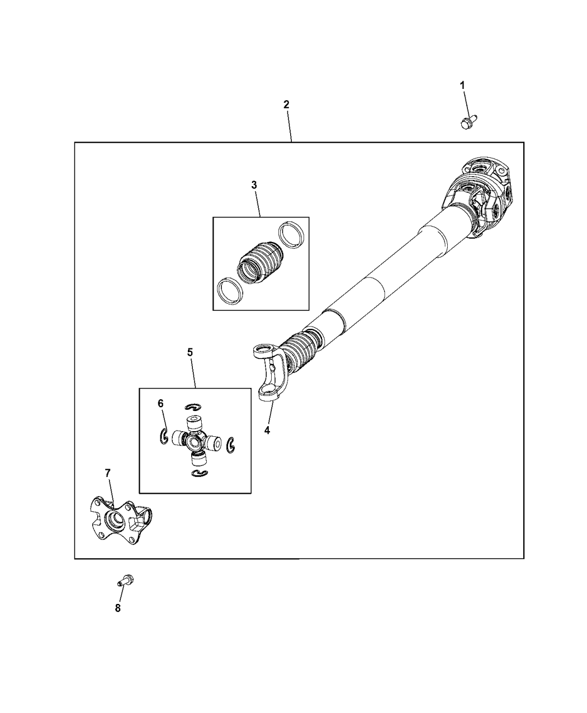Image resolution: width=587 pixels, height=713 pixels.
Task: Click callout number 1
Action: coord(462,85)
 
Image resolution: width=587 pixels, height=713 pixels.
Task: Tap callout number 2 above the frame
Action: coord(286,105)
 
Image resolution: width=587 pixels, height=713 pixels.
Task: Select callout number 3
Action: coord(254,185)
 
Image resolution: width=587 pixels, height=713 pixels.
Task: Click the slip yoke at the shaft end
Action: coord(271,371)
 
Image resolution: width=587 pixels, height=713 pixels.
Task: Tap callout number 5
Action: coord(190,352)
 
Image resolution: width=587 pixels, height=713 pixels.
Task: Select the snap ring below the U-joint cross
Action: coord(199,474)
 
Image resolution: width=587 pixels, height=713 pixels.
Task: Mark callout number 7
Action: coord(107,473)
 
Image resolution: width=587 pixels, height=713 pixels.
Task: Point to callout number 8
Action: coord(118,608)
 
